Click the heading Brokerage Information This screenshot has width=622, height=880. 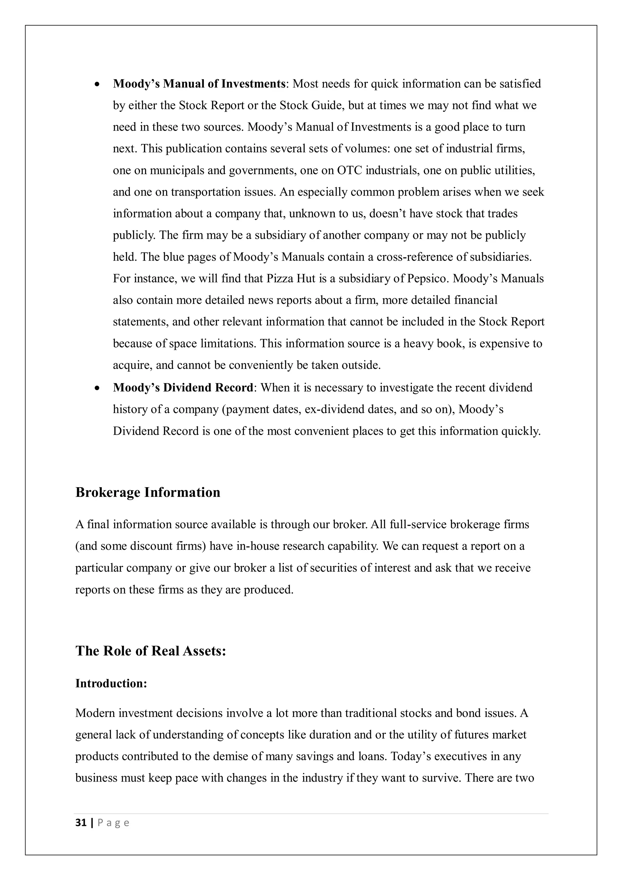click(x=148, y=492)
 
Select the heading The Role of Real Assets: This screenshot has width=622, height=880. click(x=151, y=651)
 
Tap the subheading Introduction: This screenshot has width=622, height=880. click(x=111, y=683)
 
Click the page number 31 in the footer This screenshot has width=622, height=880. click(x=81, y=823)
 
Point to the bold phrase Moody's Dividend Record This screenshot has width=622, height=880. click(x=183, y=388)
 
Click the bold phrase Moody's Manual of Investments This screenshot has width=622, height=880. click(x=199, y=84)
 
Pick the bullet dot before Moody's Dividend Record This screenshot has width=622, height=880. click(x=97, y=388)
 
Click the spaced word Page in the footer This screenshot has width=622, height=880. click(x=114, y=823)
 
